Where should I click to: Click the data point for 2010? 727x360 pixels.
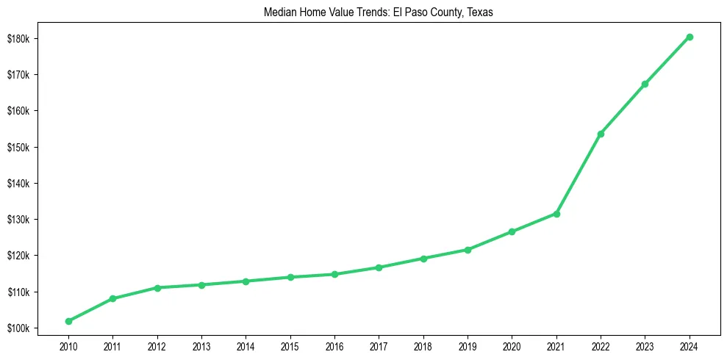tap(68, 321)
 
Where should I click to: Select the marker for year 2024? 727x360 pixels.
tap(690, 37)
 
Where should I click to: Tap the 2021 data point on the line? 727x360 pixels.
tap(556, 214)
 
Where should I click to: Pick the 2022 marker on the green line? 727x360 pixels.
tap(601, 134)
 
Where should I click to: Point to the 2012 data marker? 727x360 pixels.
tap(157, 287)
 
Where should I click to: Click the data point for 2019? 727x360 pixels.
tap(468, 250)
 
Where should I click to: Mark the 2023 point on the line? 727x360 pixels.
tap(645, 84)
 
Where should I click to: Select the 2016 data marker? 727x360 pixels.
tap(334, 274)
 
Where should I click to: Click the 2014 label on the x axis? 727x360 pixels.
tap(246, 345)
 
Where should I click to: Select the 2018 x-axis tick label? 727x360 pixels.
tap(423, 345)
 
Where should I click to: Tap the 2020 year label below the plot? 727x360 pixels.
tap(512, 345)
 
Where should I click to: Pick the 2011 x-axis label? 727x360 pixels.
tap(112, 345)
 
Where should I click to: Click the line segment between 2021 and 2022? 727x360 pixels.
tap(579, 174)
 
